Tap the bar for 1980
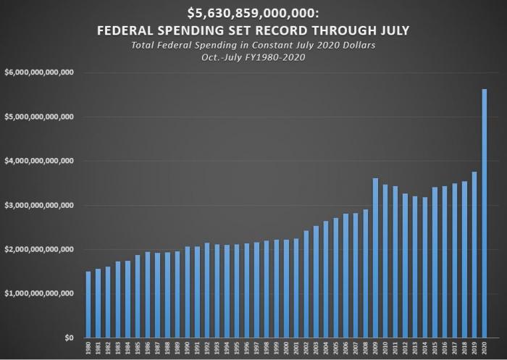coord(88,304)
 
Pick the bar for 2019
coord(474,254)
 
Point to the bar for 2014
coord(425,267)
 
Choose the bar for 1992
coord(207,290)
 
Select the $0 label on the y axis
coord(69,338)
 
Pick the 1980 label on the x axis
coord(88,348)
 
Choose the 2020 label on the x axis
coord(485,348)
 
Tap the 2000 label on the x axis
coord(286,348)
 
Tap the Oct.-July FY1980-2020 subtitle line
coord(253,58)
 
